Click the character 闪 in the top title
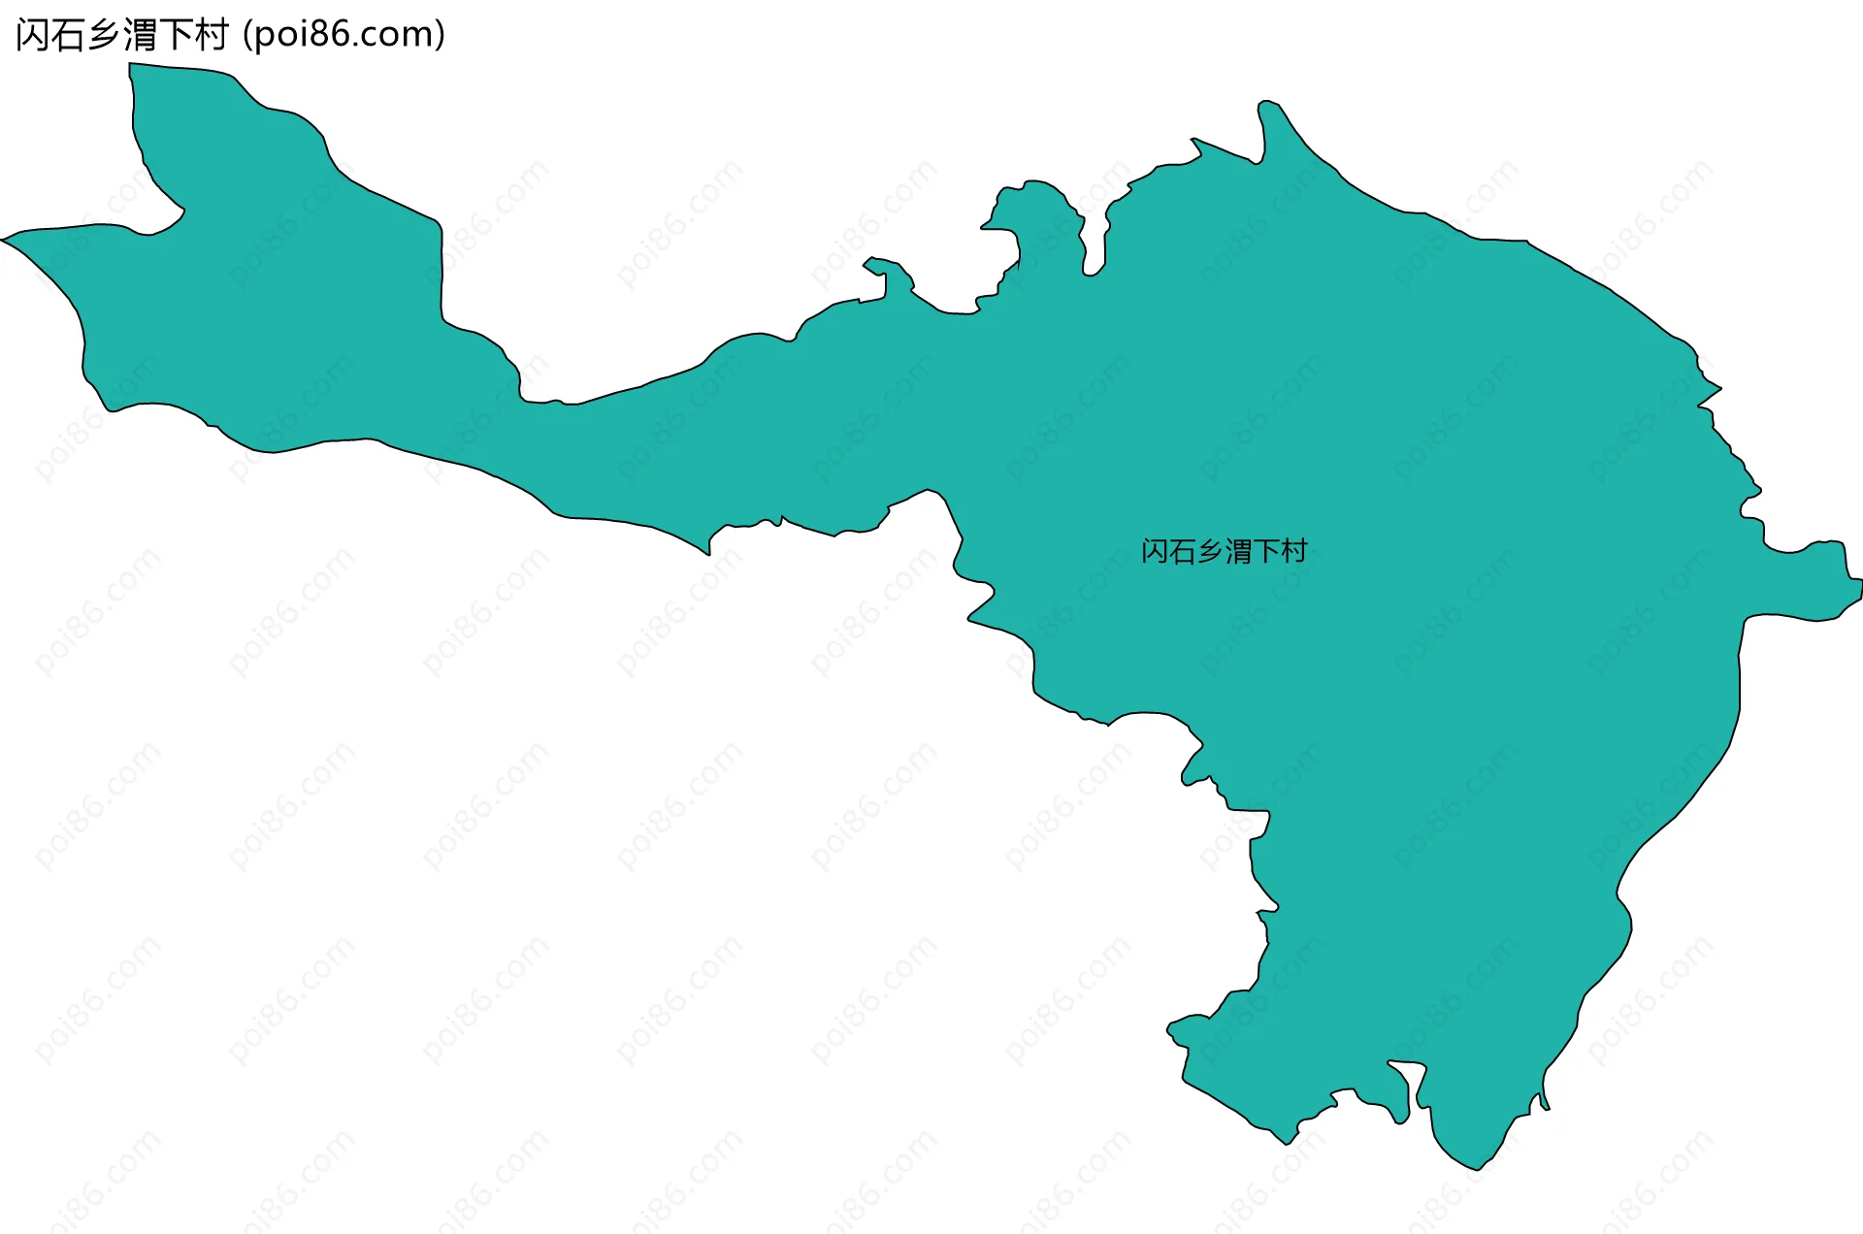point(33,35)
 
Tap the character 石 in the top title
point(69,35)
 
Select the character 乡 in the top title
point(105,35)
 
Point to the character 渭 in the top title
point(140,35)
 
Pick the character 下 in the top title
point(176,35)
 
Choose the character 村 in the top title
point(212,35)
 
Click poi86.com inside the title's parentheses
point(343,35)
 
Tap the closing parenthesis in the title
point(441,35)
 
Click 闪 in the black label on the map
point(1155,552)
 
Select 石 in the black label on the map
point(1183,552)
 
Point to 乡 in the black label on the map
point(1211,552)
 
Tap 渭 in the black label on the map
point(1239,552)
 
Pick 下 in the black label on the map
point(1267,552)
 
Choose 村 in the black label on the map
point(1294,552)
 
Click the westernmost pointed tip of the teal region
point(4,239)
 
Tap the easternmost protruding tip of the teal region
point(1858,582)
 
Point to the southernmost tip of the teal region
point(1476,1168)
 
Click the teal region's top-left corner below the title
point(132,66)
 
